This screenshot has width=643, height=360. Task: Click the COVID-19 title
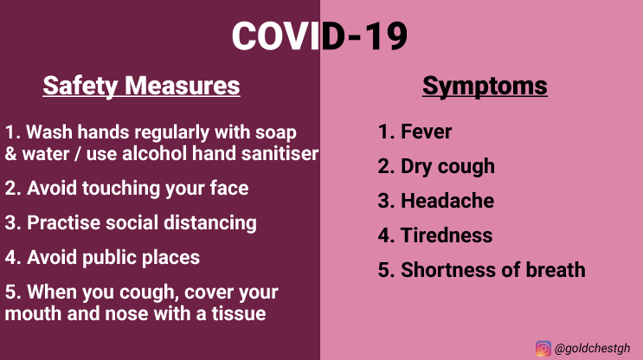319,36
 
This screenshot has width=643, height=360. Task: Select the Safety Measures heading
141,86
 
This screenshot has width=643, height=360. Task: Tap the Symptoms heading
485,86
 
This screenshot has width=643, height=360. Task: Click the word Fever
426,132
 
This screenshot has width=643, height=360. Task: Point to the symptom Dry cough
447,167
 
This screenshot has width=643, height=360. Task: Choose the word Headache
447,201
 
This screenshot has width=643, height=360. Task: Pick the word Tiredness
447,235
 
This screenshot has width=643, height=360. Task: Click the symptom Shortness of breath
493,270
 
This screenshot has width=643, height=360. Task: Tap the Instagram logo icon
543,349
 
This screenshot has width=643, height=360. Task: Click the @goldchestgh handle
592,349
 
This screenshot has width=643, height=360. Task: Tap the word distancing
210,223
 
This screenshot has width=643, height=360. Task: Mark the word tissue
239,313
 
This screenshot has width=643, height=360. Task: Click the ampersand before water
10,154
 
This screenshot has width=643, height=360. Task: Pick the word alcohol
154,154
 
